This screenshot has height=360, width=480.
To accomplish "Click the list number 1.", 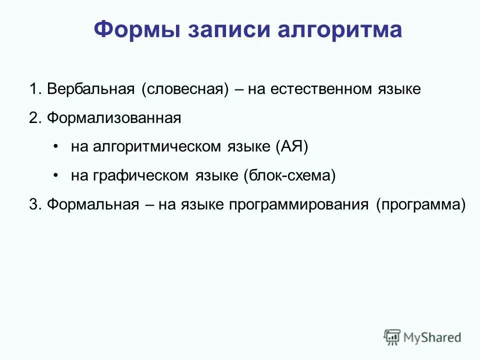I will (x=34, y=89).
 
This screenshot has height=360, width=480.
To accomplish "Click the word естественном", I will (x=323, y=89).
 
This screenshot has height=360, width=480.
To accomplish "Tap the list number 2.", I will (x=34, y=118).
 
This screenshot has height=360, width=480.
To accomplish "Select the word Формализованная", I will (x=113, y=118).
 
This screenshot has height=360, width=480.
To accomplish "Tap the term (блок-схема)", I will (x=289, y=176).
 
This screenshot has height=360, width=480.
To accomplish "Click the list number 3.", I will (x=34, y=205).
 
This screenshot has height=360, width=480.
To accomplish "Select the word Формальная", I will (x=93, y=205).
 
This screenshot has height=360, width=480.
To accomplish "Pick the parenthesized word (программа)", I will (x=421, y=205).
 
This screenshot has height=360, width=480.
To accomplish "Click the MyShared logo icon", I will (x=392, y=337).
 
